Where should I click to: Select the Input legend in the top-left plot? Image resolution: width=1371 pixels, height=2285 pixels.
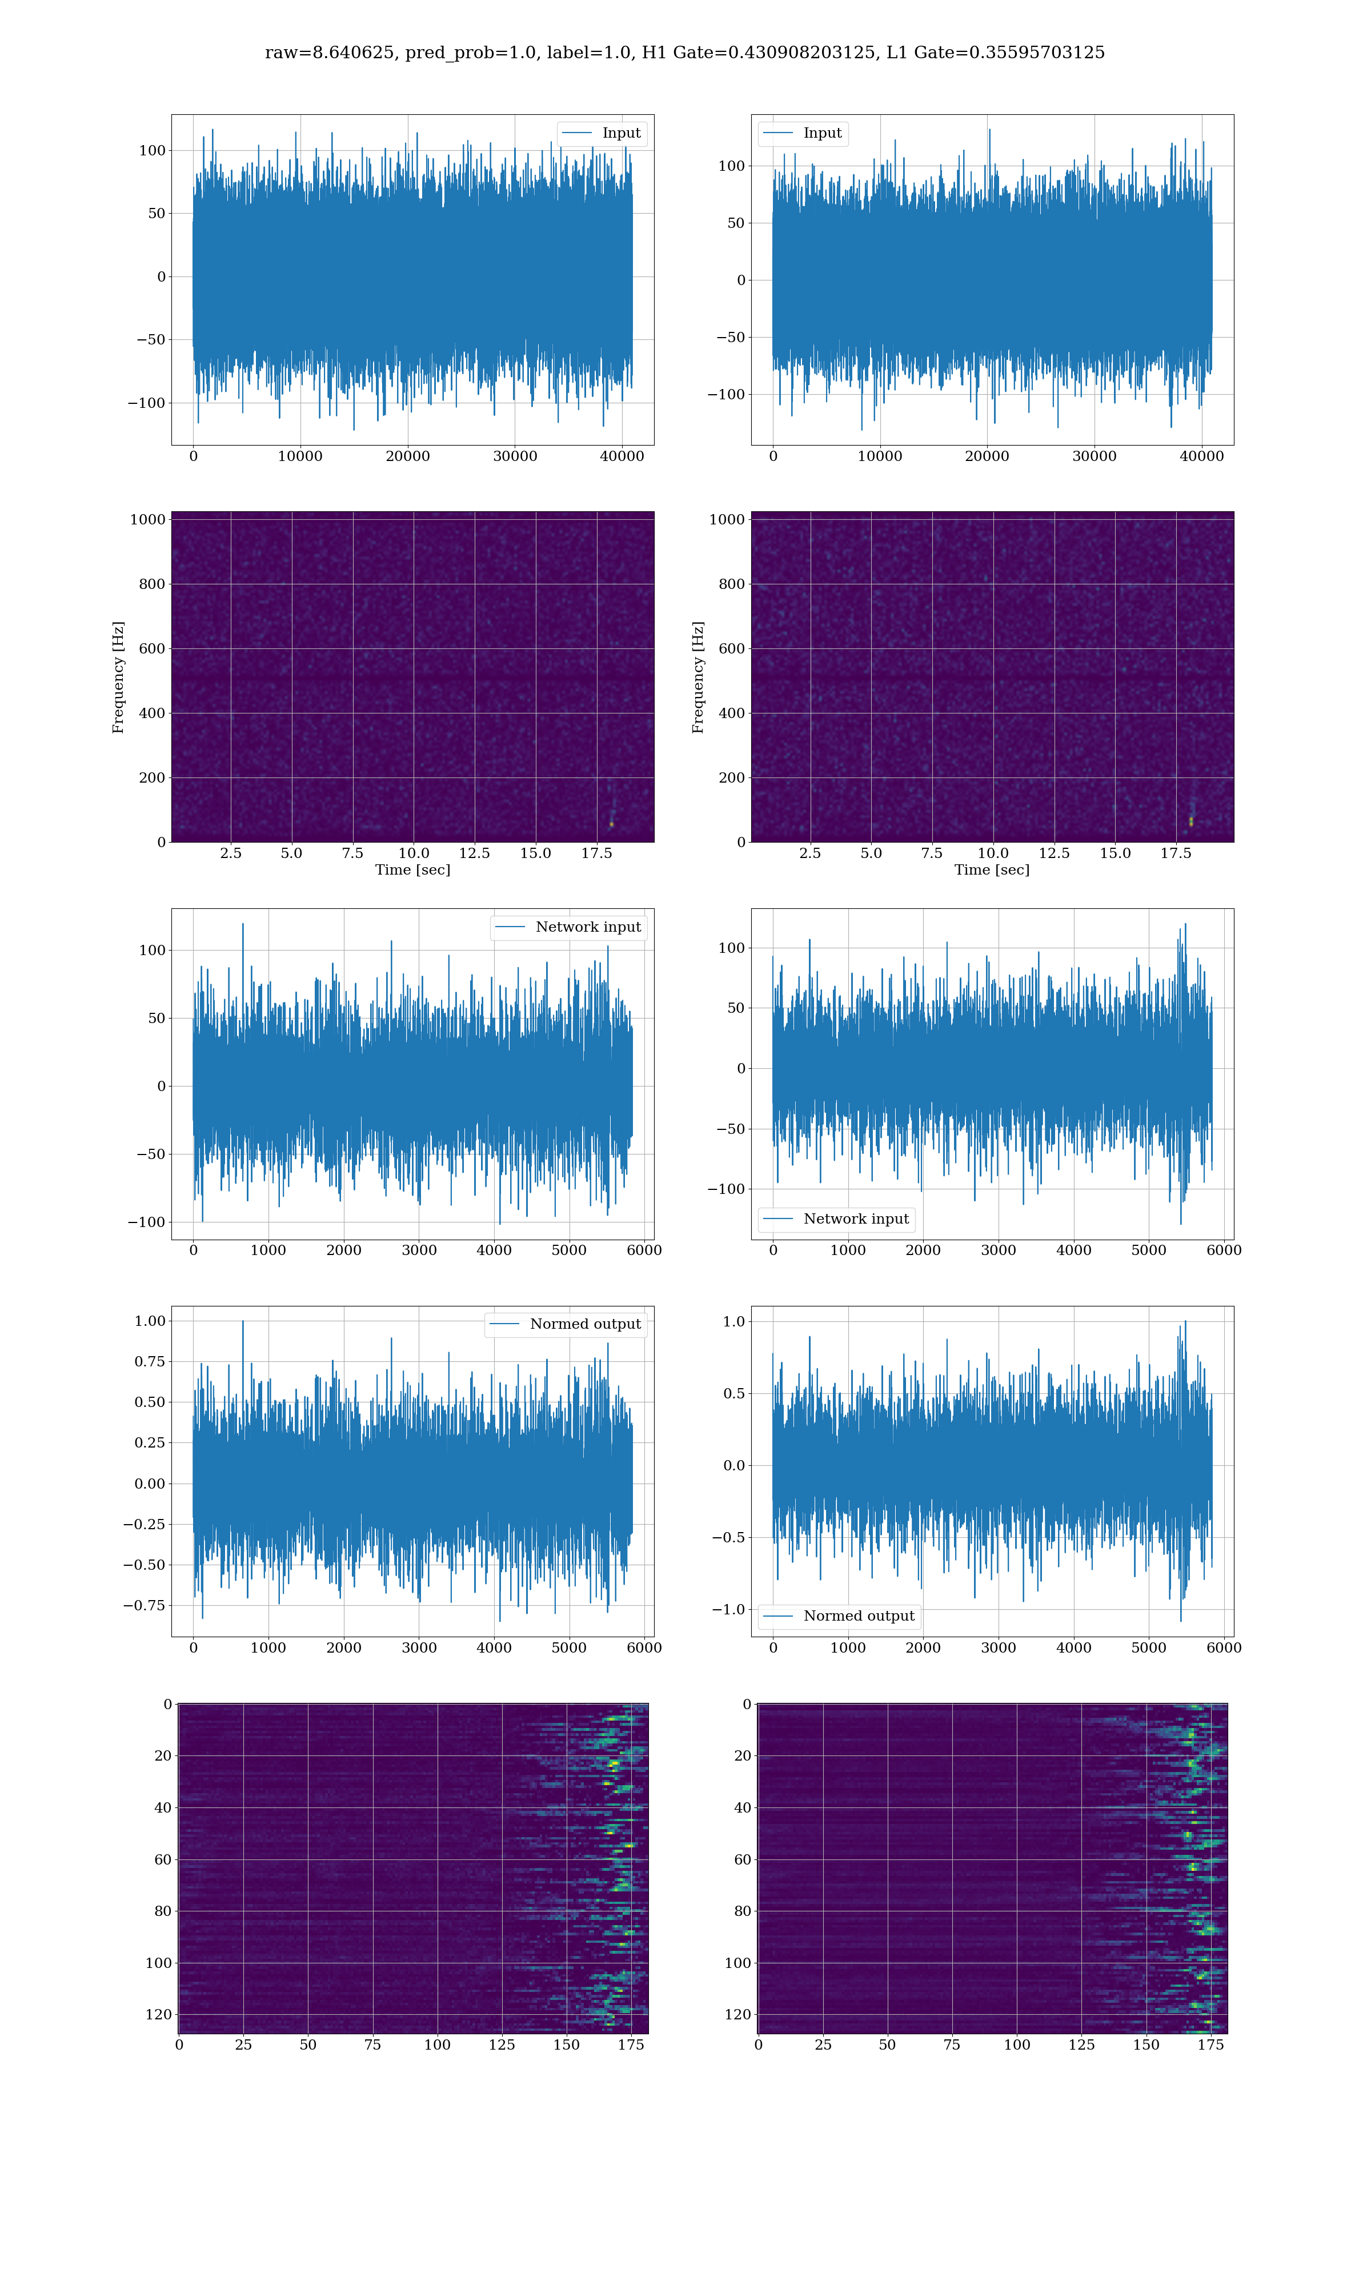tap(602, 133)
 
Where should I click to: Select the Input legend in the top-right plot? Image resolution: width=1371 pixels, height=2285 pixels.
tap(802, 133)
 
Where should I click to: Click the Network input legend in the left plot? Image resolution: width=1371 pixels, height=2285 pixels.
tap(568, 927)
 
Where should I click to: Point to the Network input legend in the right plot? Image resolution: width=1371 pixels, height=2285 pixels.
tap(836, 1218)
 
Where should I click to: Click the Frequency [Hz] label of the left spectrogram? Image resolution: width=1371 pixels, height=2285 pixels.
tap(118, 677)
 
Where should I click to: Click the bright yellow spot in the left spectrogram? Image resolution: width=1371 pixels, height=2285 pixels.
tap(611, 823)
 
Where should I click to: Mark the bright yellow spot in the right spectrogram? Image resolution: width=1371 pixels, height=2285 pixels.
tap(1191, 821)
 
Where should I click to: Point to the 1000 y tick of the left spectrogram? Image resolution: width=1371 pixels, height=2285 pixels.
tap(148, 519)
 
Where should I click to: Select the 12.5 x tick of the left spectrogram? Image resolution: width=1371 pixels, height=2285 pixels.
tap(474, 852)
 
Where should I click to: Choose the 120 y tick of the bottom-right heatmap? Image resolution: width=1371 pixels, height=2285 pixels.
tap(737, 2014)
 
